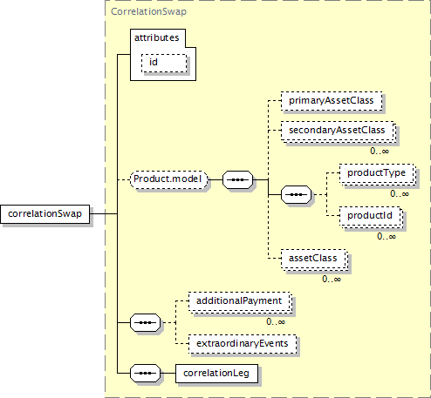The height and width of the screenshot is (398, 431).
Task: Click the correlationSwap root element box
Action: [45, 214]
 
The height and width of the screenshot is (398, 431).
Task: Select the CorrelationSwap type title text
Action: [148, 11]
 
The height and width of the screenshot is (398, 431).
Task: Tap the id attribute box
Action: [164, 63]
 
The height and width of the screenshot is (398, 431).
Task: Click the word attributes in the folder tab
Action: [156, 37]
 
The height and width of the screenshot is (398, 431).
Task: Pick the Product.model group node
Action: [169, 179]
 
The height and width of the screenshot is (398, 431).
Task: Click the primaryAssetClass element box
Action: [332, 101]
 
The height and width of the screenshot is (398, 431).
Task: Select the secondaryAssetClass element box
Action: [339, 132]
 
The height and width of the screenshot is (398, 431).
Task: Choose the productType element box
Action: [378, 174]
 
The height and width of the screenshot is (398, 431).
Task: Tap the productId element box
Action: [371, 217]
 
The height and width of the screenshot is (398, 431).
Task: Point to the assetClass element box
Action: [314, 260]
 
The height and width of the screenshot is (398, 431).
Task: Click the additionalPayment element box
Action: [240, 302]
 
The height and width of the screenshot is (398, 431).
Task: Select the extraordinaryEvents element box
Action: [243, 344]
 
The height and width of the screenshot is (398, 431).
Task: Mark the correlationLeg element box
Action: [216, 374]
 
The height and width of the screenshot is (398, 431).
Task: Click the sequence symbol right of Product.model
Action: [238, 180]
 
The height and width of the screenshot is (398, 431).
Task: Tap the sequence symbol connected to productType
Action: [296, 194]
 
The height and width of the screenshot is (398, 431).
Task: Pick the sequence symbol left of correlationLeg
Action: [145, 373]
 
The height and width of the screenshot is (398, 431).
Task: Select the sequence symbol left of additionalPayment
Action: [145, 322]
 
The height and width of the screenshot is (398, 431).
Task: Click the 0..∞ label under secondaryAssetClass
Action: [380, 152]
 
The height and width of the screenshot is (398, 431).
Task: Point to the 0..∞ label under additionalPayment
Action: [276, 322]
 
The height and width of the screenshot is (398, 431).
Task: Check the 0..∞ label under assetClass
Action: [332, 280]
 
